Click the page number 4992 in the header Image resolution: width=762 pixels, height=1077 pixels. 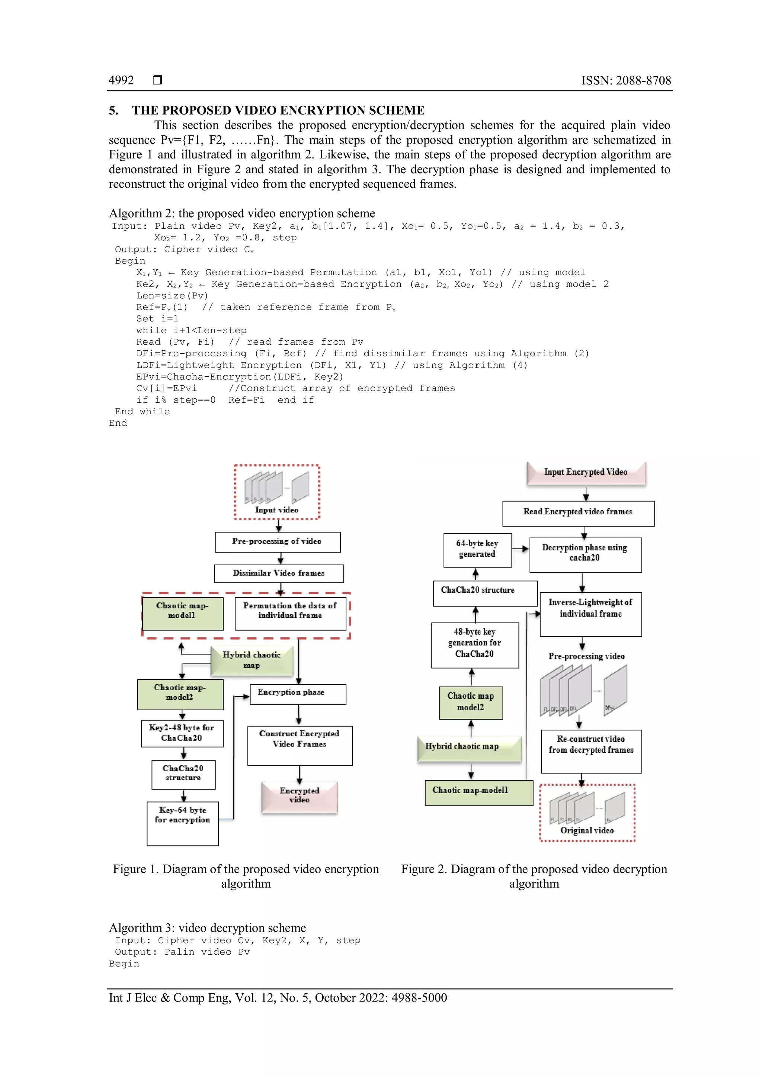pyautogui.click(x=121, y=80)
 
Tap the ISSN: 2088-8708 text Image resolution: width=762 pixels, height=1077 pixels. pyautogui.click(x=626, y=80)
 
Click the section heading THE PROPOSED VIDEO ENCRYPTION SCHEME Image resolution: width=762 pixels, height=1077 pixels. pyautogui.click(x=278, y=110)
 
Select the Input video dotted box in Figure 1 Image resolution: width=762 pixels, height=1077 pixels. pyautogui.click(x=277, y=492)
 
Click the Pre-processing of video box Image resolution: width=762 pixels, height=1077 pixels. pyautogui.click(x=277, y=542)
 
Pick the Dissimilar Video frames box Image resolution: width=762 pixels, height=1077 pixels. pyautogui.click(x=279, y=573)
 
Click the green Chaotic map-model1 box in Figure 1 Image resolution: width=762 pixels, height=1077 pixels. pyautogui.click(x=183, y=613)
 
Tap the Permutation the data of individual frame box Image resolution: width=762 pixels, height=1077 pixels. pyautogui.click(x=290, y=613)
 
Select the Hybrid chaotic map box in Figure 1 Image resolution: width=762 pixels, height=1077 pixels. pyautogui.click(x=252, y=660)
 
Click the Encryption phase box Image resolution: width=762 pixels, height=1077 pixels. pyautogui.click(x=298, y=694)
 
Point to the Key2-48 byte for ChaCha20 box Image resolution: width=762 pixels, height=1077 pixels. pyautogui.click(x=182, y=733)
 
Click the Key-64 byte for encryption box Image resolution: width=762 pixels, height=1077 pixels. pyautogui.click(x=183, y=823)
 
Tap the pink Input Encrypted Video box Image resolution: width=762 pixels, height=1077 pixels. pyautogui.click(x=586, y=473)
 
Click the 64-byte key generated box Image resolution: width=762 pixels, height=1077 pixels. pyautogui.click(x=477, y=550)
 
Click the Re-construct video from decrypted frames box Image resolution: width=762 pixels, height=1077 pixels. pyautogui.click(x=591, y=750)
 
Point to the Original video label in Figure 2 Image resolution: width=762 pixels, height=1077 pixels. pyautogui.click(x=587, y=830)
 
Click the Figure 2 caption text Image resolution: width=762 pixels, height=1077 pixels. pyautogui.click(x=534, y=876)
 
